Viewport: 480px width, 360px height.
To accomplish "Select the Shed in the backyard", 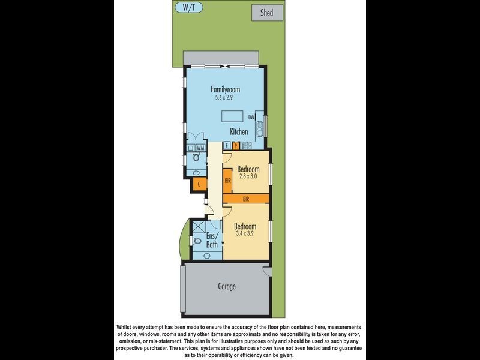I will (266, 13).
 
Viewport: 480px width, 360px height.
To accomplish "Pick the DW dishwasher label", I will (253, 117).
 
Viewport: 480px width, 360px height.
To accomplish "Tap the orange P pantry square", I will (236, 145).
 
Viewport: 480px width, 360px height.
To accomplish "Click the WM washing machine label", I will (201, 148).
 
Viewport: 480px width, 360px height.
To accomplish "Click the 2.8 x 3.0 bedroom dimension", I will (247, 176).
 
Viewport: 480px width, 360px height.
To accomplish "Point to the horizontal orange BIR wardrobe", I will (246, 198).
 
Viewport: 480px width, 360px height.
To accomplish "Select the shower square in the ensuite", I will (197, 227).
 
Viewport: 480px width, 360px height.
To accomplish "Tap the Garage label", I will (226, 287).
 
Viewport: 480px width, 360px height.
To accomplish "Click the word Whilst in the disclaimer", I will (127, 327).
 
